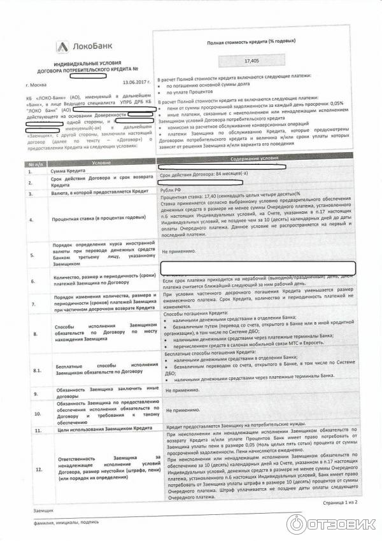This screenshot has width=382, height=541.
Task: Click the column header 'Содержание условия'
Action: point(255,158)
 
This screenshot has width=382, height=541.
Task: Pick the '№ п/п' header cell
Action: point(36,164)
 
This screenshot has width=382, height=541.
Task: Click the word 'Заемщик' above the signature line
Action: point(43,511)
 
